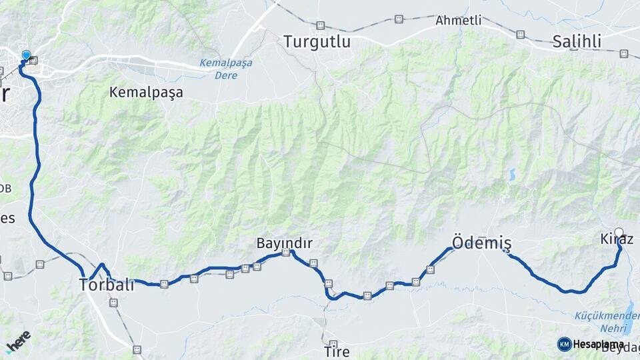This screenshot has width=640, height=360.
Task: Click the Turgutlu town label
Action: click(317, 41)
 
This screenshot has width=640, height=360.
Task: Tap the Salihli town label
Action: click(577, 41)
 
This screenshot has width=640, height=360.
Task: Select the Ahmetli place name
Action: click(458, 20)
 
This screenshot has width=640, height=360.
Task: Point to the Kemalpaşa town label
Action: click(146, 93)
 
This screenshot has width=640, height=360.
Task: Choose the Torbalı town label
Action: click(107, 285)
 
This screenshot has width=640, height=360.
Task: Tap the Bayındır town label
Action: click(285, 243)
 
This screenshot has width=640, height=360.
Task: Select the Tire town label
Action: click(336, 351)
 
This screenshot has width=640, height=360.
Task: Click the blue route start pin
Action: click(26, 56)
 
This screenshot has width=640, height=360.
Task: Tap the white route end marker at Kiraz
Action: click(619, 233)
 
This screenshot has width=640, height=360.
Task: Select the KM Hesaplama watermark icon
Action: click(564, 344)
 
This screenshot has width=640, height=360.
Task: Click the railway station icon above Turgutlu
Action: click(321, 26)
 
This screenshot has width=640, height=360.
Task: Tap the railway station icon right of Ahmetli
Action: click(520, 34)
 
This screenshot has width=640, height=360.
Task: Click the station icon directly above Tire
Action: click(329, 284)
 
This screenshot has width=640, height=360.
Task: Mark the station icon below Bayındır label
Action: click(286, 253)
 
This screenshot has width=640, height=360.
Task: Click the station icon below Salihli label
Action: click(624, 53)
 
